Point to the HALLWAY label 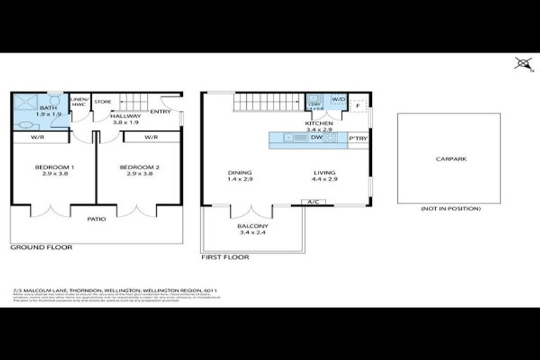coord(126,116)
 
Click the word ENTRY coord(160,111)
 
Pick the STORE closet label coord(103,102)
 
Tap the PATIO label coord(96,219)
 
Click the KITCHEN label coord(319,124)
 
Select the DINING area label coord(240,172)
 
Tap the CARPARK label coord(451,159)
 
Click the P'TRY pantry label coord(359,139)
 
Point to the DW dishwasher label coord(316,138)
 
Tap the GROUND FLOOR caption coord(41,247)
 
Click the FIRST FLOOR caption coord(225,257)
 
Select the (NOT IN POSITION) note coord(451,209)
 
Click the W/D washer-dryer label coord(339,99)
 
